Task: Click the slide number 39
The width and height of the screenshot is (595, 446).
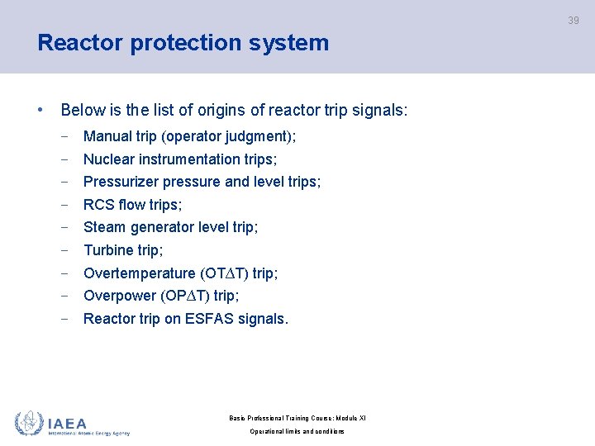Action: [574, 21]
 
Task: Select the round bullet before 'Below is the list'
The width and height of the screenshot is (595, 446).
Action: [40, 110]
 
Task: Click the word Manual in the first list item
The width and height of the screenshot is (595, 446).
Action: [107, 136]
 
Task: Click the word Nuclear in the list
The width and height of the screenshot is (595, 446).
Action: [109, 159]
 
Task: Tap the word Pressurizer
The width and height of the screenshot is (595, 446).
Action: [121, 182]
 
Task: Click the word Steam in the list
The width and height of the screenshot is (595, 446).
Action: [104, 227]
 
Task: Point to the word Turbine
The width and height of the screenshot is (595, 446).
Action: [108, 250]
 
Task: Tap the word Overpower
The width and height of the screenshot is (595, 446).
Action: [119, 296]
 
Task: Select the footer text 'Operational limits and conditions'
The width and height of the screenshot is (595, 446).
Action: [297, 432]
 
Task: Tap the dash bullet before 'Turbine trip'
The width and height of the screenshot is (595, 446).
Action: [64, 250]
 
